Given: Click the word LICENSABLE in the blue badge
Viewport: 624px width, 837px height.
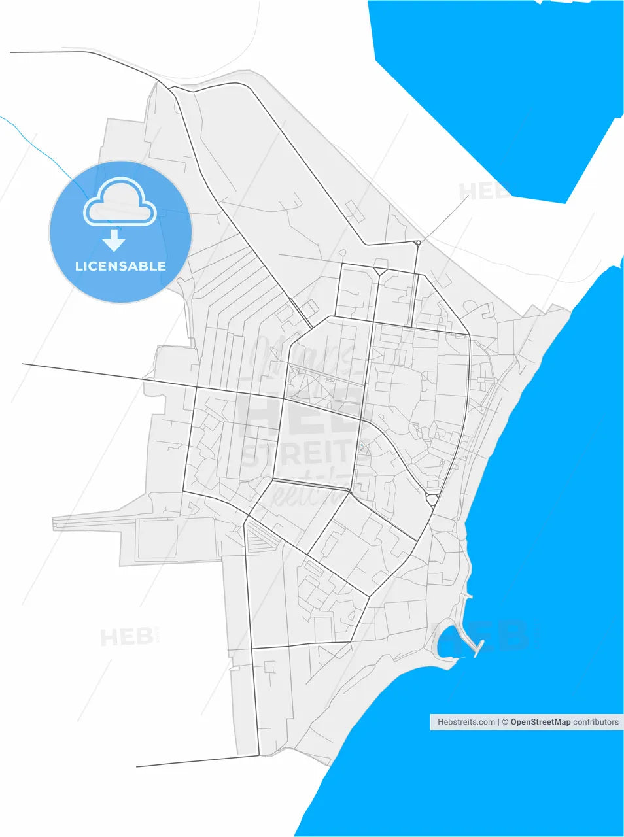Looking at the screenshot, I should tap(120, 266).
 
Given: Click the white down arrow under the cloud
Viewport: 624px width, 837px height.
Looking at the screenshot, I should tap(114, 241).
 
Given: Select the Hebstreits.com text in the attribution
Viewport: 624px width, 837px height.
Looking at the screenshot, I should tap(466, 722).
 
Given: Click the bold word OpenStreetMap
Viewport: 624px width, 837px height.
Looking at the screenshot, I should tap(540, 722).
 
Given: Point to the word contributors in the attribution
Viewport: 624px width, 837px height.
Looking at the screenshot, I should tap(596, 722).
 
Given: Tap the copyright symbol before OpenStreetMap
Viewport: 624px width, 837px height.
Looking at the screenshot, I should tap(505, 722).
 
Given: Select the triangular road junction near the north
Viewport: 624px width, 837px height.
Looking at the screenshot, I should tap(380, 269).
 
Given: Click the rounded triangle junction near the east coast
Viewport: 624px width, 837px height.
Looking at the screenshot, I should tap(432, 500).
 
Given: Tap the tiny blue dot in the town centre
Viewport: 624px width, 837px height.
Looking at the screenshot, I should tap(361, 445).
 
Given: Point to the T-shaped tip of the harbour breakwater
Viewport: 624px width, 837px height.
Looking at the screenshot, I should tap(477, 648).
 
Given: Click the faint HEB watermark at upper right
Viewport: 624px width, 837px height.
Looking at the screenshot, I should tap(484, 192).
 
